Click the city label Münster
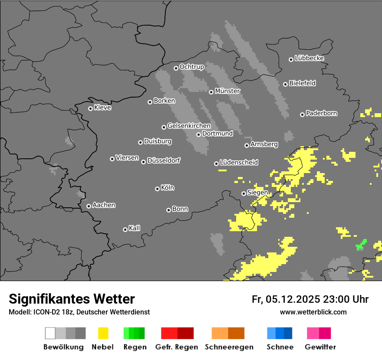click(227, 91)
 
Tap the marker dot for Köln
click(157, 189)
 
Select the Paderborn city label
click(321, 113)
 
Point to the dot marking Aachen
click(89, 206)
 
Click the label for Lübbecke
click(309, 58)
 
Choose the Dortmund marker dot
click(198, 134)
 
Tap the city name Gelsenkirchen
click(189, 126)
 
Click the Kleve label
click(102, 108)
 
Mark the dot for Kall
click(125, 229)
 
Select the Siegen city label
click(257, 193)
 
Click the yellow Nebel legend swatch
click(103, 333)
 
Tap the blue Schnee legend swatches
click(280, 333)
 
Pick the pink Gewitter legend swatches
click(319, 333)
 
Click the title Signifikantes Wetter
click(72, 299)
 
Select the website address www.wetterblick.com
click(313, 312)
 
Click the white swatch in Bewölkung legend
click(50, 333)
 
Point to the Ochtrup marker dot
click(176, 68)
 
